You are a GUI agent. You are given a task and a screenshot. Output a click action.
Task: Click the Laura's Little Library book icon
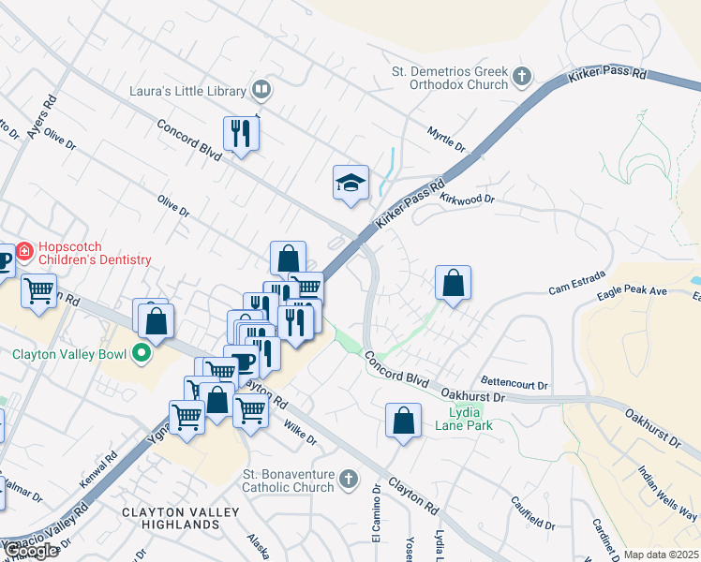point(261,91)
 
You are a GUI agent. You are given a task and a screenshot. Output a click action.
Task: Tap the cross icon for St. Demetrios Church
point(523,78)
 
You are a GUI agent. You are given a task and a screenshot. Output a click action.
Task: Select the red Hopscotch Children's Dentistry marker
point(23,251)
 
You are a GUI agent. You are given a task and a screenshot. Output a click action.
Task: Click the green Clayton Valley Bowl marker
point(142,354)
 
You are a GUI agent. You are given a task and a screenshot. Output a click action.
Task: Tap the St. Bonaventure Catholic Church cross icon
point(348,480)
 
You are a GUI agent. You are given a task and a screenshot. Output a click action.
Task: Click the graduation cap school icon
point(350,184)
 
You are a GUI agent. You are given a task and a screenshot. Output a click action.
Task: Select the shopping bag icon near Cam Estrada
point(453,282)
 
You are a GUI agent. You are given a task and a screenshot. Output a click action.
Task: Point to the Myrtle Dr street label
point(446,141)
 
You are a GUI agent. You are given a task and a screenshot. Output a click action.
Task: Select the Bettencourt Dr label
point(515,382)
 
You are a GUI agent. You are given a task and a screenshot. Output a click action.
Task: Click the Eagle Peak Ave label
point(633,293)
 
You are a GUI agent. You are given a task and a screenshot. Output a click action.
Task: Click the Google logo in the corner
point(30,551)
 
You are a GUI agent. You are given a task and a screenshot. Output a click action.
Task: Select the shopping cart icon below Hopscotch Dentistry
point(38,291)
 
